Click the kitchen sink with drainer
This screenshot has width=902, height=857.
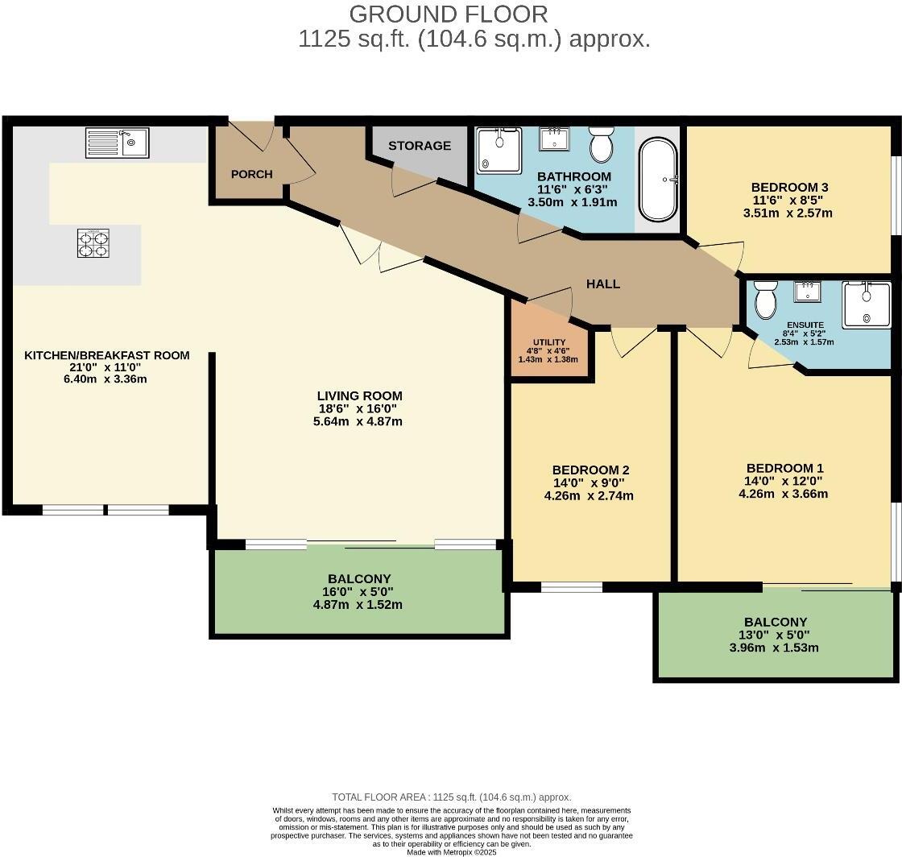(x=117, y=143)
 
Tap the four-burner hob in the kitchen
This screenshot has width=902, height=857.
(x=93, y=243)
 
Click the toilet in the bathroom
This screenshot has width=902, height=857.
(x=601, y=145)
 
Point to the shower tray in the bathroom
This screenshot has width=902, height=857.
(x=499, y=150)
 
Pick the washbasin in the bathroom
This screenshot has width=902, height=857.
(x=554, y=138)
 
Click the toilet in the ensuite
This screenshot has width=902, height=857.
(x=765, y=299)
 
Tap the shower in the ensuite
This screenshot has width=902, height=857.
(x=867, y=304)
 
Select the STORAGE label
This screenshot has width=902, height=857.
(x=420, y=146)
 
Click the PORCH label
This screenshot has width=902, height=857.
(x=251, y=174)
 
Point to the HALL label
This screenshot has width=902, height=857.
(x=603, y=284)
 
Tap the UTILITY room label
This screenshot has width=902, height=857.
(x=549, y=342)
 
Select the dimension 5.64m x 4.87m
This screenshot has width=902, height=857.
(x=359, y=421)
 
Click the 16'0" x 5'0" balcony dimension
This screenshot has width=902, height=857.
(x=359, y=592)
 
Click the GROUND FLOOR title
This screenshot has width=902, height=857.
(x=449, y=14)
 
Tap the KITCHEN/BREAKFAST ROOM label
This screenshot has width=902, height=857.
(x=107, y=355)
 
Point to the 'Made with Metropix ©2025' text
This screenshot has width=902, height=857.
(x=451, y=852)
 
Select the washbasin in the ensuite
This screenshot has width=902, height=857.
(x=808, y=291)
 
